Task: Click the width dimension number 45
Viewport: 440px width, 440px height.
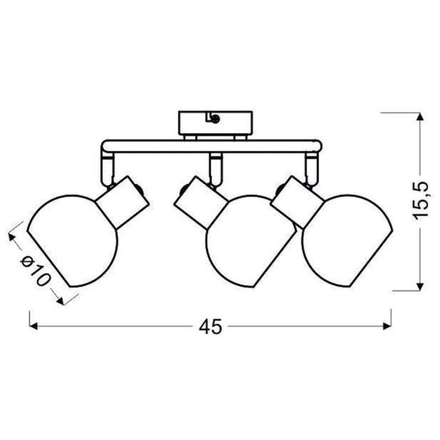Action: pyautogui.click(x=211, y=327)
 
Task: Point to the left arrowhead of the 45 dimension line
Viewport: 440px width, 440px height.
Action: pyautogui.click(x=35, y=327)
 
